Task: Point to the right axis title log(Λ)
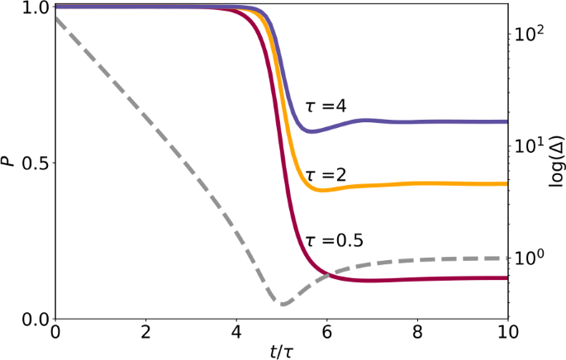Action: pyautogui.click(x=556, y=163)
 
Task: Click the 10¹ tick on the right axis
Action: pyautogui.click(x=529, y=146)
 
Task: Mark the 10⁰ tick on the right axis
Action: pyautogui.click(x=529, y=258)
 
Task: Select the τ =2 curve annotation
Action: pyautogui.click(x=326, y=174)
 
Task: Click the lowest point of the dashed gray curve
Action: pyautogui.click(x=283, y=305)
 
